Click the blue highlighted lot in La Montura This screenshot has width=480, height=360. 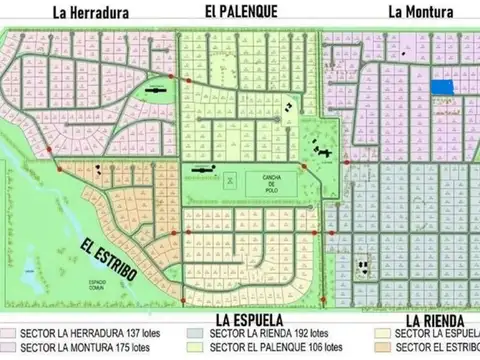(441, 88)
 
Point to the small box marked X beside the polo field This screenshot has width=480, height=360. (229, 180)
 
